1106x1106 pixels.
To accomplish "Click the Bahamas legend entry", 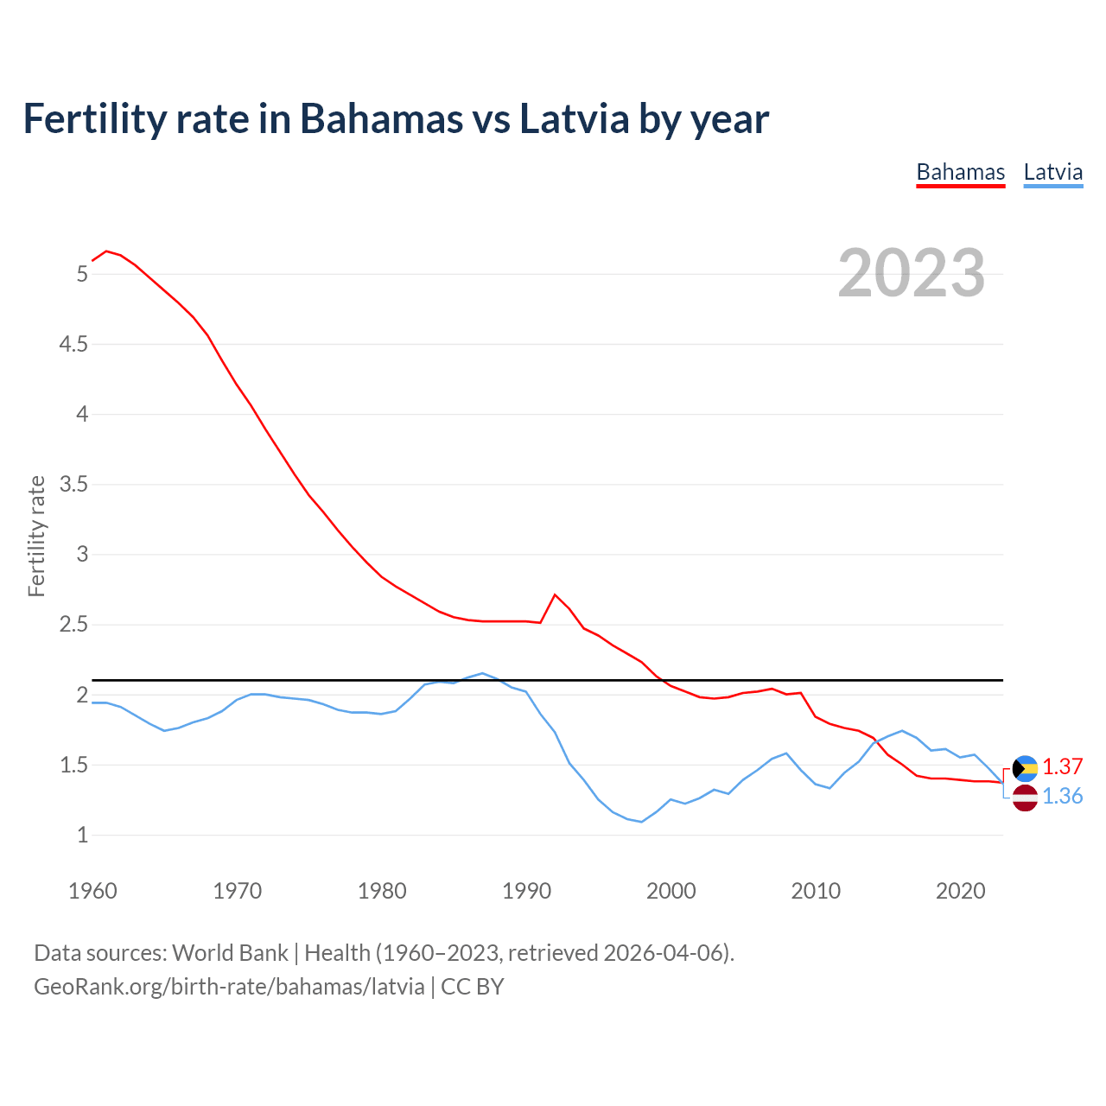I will pyautogui.click(x=960, y=172).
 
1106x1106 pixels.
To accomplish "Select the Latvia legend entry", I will pyautogui.click(x=1052, y=172).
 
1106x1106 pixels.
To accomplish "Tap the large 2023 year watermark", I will pyautogui.click(x=912, y=273).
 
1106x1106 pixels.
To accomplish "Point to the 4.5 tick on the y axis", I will pyautogui.click(x=73, y=345).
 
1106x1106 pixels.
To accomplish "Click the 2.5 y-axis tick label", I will pyautogui.click(x=73, y=625).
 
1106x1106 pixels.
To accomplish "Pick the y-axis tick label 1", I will pyautogui.click(x=82, y=836).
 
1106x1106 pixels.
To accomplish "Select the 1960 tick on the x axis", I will pyautogui.click(x=92, y=891).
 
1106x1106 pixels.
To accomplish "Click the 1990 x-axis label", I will pyautogui.click(x=526, y=891).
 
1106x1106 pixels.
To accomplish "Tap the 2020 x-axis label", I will pyautogui.click(x=960, y=891).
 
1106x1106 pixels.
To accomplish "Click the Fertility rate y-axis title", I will pyautogui.click(x=36, y=536).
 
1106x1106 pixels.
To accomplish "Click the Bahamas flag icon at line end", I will pyautogui.click(x=1025, y=767).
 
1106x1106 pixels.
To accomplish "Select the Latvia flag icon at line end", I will pyautogui.click(x=1025, y=798).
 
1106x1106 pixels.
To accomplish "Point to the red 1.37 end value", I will pyautogui.click(x=1062, y=767).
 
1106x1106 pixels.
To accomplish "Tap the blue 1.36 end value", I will pyautogui.click(x=1062, y=797).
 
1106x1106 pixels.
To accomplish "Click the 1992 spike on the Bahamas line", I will pyautogui.click(x=555, y=594).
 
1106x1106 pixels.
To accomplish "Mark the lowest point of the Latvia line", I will pyautogui.click(x=641, y=822).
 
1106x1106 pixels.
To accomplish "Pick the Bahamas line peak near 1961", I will pyautogui.click(x=106, y=251).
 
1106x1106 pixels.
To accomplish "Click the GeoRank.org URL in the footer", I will pyautogui.click(x=229, y=987).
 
